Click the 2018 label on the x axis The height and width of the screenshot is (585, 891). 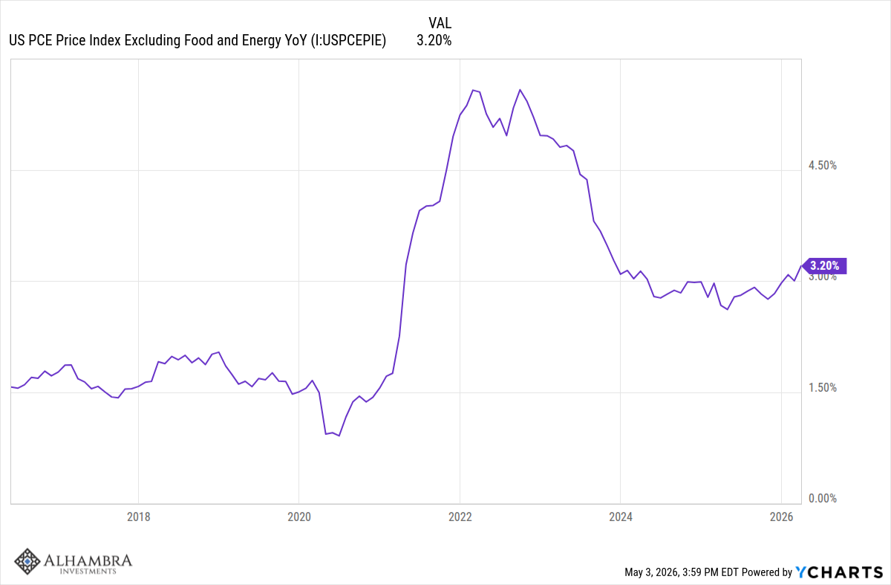point(138,517)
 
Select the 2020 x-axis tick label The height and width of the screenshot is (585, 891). point(299,517)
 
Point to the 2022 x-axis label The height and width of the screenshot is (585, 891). point(460,517)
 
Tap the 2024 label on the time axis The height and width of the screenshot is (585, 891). point(621,517)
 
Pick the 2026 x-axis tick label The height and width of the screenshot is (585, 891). point(782,517)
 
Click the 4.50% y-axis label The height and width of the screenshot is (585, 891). point(823,165)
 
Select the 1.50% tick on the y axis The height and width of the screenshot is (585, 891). point(823,387)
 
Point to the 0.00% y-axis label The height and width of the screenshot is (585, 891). point(823,498)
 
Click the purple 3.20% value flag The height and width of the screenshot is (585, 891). point(824,265)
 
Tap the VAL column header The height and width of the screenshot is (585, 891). point(440,23)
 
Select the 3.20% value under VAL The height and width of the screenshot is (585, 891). point(434,40)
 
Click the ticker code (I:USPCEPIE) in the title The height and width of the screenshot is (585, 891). point(348,40)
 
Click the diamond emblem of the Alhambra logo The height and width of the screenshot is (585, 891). point(27,561)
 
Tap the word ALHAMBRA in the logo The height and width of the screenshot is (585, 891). point(88,560)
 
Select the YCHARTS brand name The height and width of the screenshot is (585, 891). point(839,572)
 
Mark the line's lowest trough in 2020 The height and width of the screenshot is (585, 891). point(339,436)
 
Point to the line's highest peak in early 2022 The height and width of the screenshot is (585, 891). point(473,90)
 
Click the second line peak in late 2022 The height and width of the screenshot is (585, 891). point(520,90)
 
